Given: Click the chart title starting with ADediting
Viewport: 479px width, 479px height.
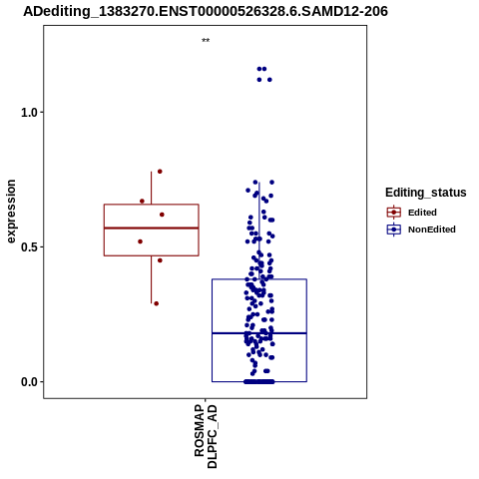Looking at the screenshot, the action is tap(206, 11).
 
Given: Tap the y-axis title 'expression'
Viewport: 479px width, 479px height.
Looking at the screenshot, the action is tap(11, 212).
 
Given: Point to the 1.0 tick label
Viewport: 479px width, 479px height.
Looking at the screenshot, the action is tap(28, 113).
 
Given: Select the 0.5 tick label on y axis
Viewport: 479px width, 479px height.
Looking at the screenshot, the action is tap(28, 247).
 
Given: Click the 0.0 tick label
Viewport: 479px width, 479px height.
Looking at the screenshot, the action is tap(28, 382).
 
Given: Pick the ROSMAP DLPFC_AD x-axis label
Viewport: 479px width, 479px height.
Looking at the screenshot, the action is tap(206, 436).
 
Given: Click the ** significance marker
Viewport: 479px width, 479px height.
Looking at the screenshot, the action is tap(206, 41).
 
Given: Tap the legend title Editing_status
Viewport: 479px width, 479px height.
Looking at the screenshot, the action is tap(426, 193).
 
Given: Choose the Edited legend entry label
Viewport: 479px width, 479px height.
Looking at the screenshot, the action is tap(422, 213).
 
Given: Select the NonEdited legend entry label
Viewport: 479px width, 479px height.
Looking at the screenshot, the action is tap(432, 230).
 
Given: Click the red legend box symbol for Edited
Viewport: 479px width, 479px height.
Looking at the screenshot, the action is tap(394, 213).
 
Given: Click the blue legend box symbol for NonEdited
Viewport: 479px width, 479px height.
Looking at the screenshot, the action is tap(394, 230).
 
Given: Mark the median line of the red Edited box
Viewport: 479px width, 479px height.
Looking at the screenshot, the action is tap(152, 228).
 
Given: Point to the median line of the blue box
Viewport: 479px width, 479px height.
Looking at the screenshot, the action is tap(259, 333).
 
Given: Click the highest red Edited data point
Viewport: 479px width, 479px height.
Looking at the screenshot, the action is tap(160, 172).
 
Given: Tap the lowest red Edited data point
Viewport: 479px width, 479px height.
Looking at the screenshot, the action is tap(156, 303).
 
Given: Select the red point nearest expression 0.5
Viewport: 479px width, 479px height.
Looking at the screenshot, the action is tap(140, 241).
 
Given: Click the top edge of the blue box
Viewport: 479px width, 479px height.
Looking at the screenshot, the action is tap(259, 279).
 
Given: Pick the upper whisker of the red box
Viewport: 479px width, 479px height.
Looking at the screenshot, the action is tap(152, 188).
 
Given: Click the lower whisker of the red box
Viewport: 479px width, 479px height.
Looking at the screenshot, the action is tap(152, 279).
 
